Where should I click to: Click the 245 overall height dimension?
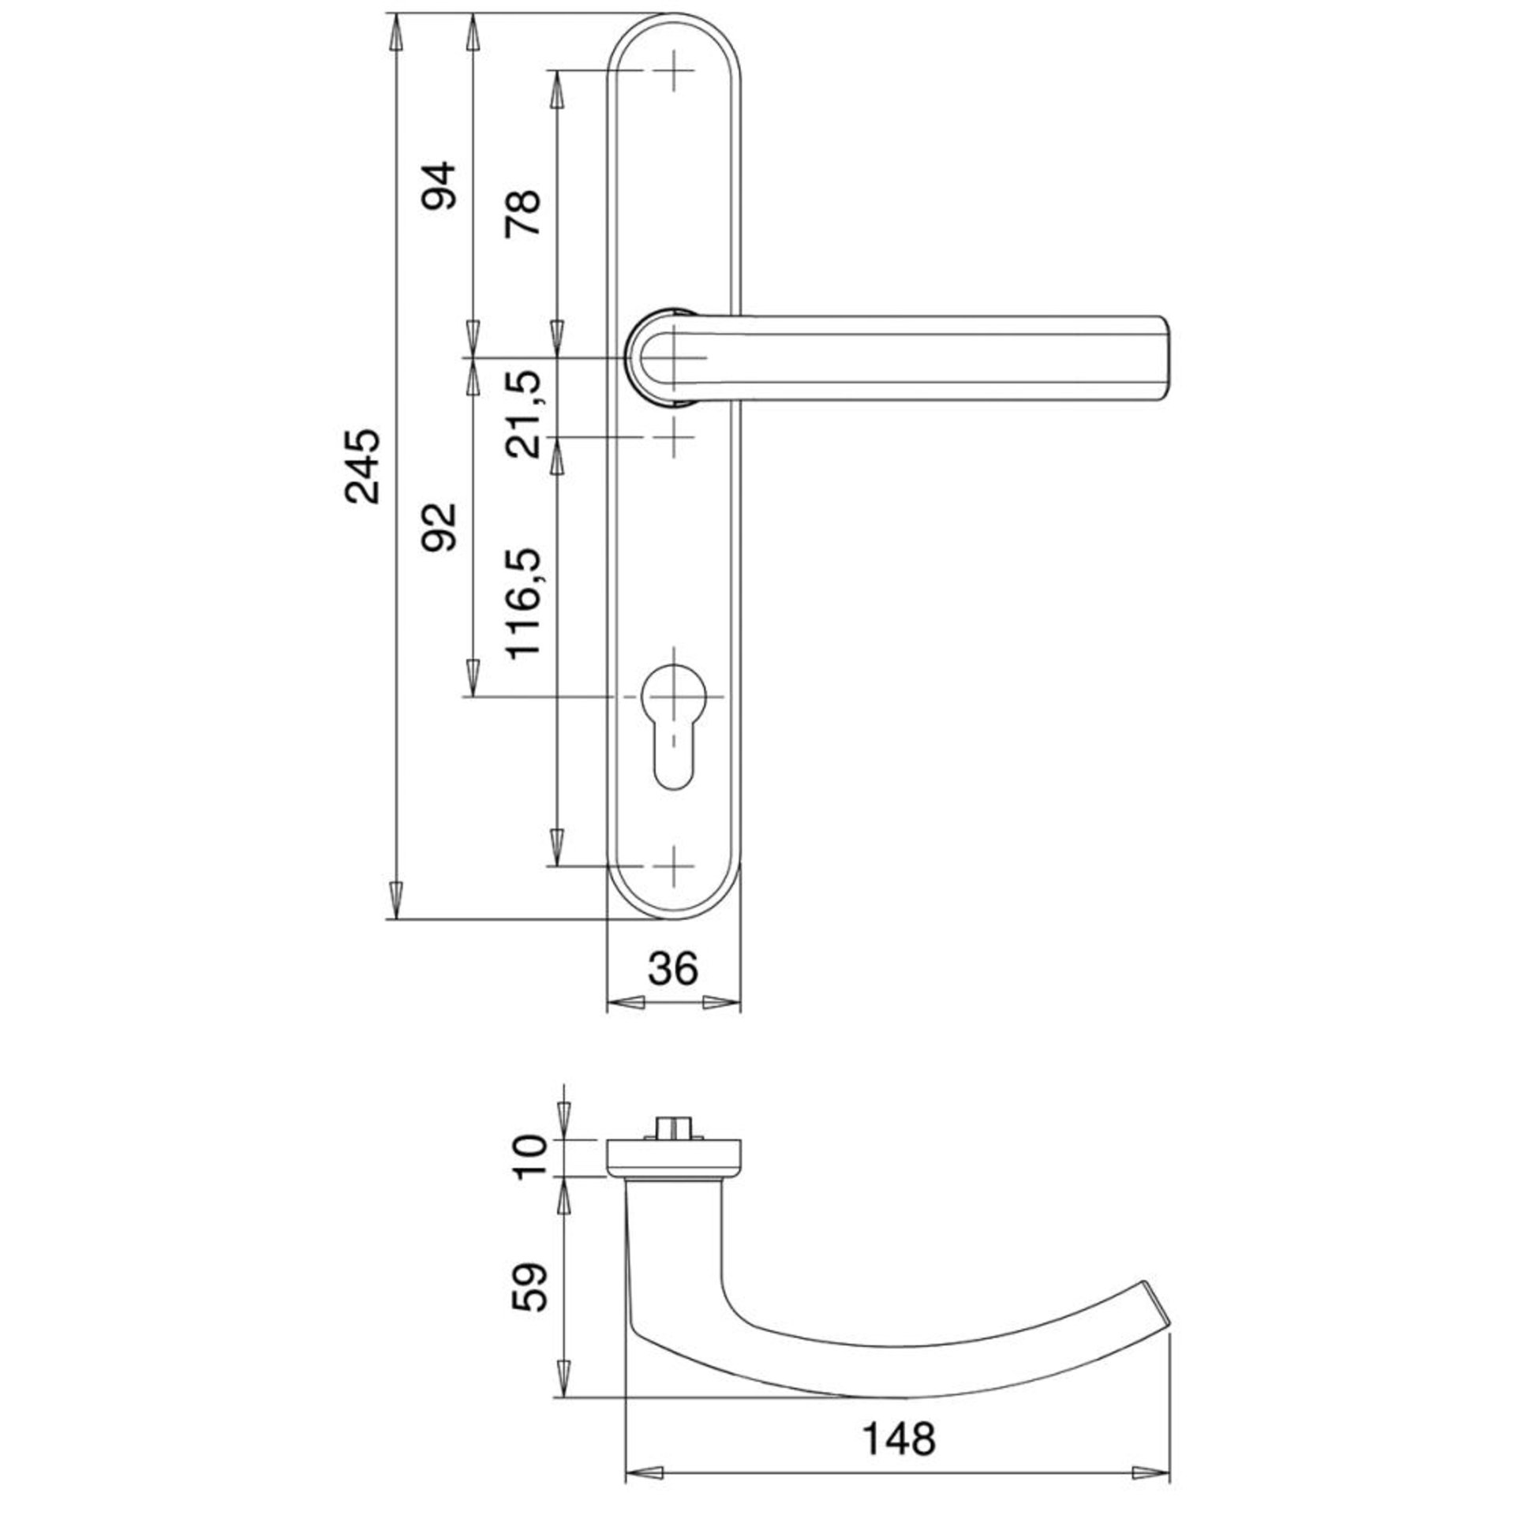click(x=365, y=467)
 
